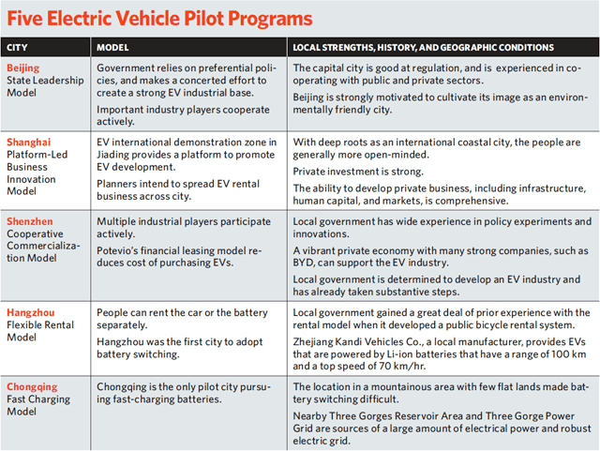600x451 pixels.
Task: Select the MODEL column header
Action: [114, 47]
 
